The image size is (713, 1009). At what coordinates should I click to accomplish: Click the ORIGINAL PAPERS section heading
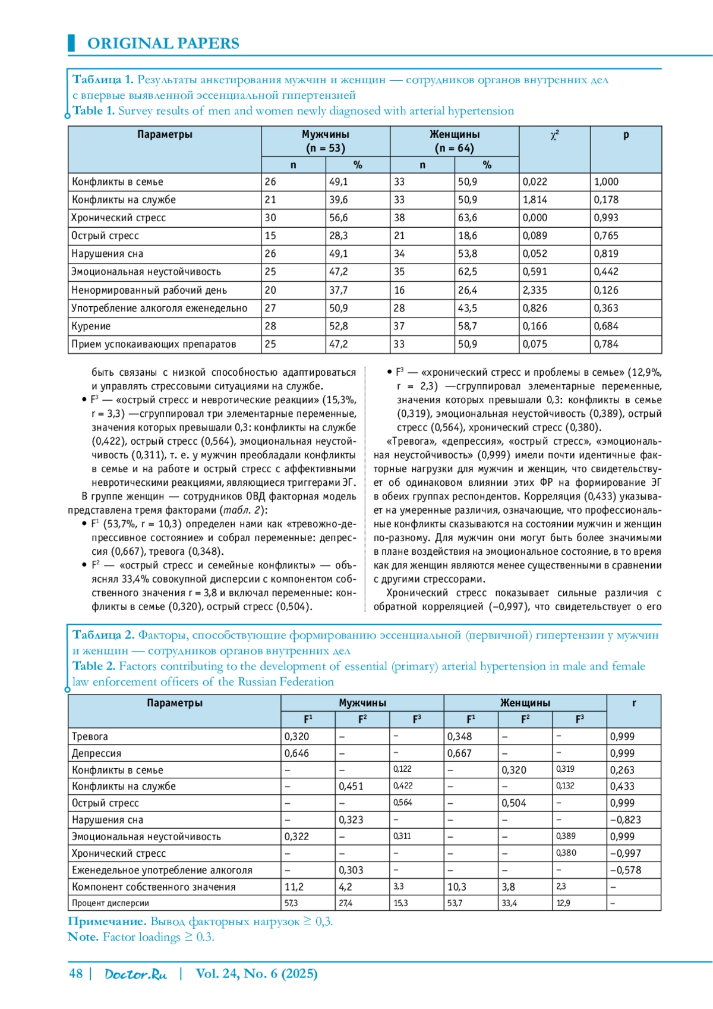pos(163,43)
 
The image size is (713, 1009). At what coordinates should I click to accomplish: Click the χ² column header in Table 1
pos(554,136)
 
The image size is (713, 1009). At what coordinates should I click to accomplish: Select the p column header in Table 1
pos(626,135)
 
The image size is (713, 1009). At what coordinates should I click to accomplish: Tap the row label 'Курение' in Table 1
pos(91,326)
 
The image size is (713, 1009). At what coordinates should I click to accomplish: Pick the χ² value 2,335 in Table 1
pos(535,290)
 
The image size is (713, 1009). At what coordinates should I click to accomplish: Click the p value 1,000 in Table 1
pos(606,182)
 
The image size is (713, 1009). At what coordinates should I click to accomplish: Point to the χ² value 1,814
pos(535,200)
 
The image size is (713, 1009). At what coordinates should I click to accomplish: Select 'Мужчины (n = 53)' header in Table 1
pos(325,141)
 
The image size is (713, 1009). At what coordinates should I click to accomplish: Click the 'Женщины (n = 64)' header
pos(455,141)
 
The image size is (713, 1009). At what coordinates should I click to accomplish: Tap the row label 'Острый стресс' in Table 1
pos(105,235)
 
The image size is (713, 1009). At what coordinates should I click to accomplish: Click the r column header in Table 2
pos(634,703)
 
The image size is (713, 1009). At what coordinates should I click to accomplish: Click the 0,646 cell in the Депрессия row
pos(296,753)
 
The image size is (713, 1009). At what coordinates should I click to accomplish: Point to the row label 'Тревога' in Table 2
pos(90,737)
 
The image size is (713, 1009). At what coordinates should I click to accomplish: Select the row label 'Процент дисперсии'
pos(111,903)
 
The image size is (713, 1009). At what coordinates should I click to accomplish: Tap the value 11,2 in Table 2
pos(294,887)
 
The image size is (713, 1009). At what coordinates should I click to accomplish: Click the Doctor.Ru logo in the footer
pos(135,974)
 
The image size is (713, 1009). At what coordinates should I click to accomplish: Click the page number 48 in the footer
pos(76,973)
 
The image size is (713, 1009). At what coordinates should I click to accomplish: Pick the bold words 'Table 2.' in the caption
pos(94,666)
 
